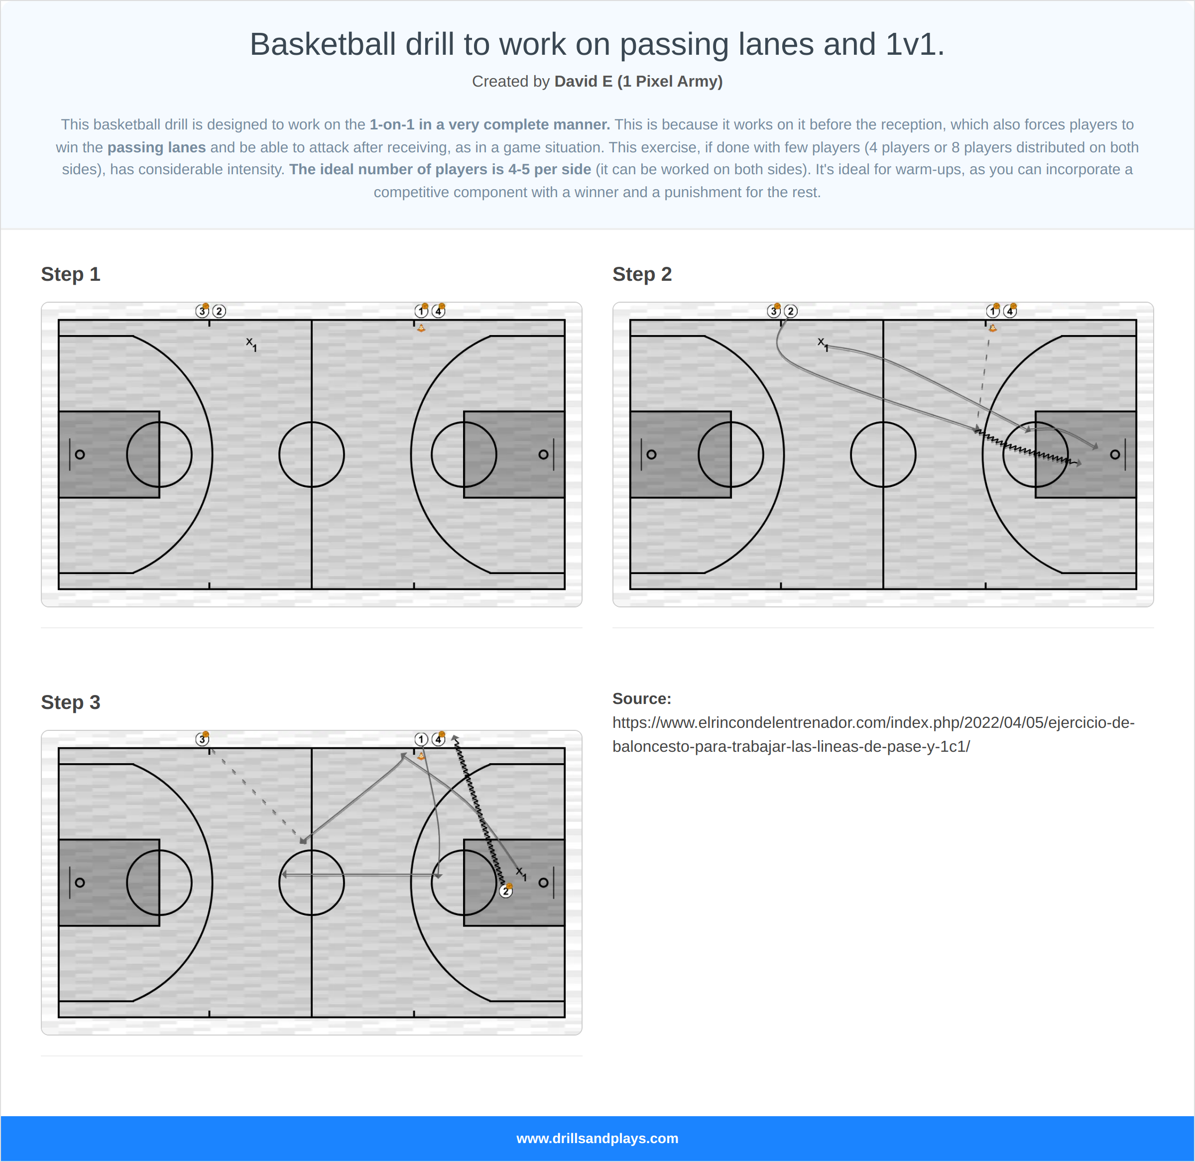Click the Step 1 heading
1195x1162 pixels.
pos(70,274)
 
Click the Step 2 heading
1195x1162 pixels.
pos(641,274)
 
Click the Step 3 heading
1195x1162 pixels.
pos(70,702)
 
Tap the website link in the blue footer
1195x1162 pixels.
pos(597,1138)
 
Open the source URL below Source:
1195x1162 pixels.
pos(873,734)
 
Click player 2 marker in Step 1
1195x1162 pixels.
pos(219,311)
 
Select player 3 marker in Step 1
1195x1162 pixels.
pos(202,311)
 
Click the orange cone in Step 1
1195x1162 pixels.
pos(421,328)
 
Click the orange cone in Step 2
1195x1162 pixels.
pos(992,328)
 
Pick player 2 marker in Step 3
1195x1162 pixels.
pos(505,891)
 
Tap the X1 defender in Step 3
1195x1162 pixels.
pos(521,873)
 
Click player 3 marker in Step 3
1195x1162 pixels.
pos(202,739)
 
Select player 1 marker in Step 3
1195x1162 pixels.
pos(421,739)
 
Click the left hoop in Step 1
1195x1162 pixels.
pos(80,454)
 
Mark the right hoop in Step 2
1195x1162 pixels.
pos(1114,454)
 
